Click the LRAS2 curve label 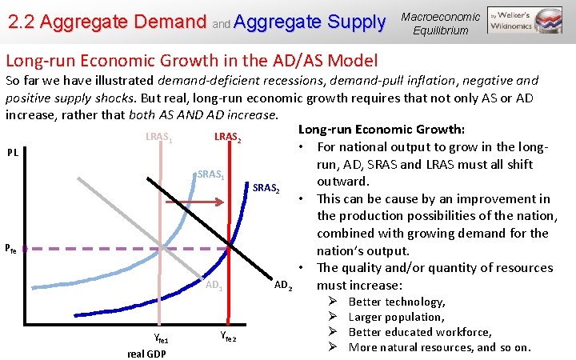[x=227, y=138]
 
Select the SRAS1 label [x=211, y=174]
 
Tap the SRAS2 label [x=266, y=189]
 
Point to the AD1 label [x=214, y=285]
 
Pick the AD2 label [x=283, y=285]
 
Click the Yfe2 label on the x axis [x=227, y=338]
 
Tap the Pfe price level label [x=10, y=250]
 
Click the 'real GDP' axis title [x=147, y=353]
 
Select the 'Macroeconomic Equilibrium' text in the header [x=440, y=23]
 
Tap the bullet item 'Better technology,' [x=397, y=302]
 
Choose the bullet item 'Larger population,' [x=396, y=317]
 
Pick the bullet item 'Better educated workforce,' [x=420, y=332]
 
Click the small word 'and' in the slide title [x=221, y=24]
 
